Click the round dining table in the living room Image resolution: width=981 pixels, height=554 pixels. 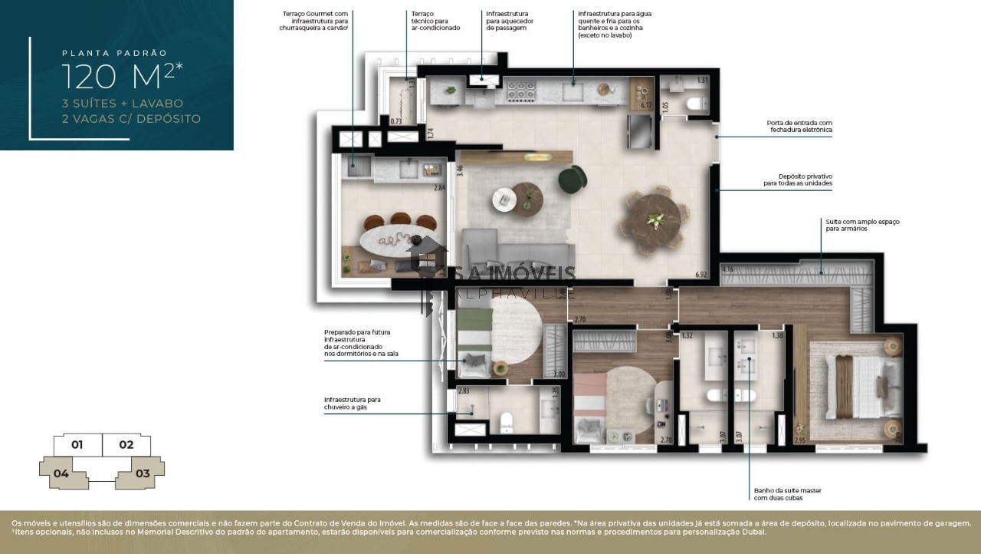coord(653,219)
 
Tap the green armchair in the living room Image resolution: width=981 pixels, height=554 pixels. coord(570,180)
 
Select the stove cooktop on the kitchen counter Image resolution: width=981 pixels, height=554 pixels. coord(520,91)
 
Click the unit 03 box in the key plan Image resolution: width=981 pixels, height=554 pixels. coord(143,473)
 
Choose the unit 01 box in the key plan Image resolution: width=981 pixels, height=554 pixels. coord(77,444)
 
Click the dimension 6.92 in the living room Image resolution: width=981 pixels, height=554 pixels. coord(700,274)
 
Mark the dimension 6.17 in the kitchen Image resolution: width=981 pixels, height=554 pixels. coord(645,105)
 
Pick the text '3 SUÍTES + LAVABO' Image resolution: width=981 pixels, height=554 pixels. coord(123,103)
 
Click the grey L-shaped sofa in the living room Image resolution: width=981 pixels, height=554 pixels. coord(513,249)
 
